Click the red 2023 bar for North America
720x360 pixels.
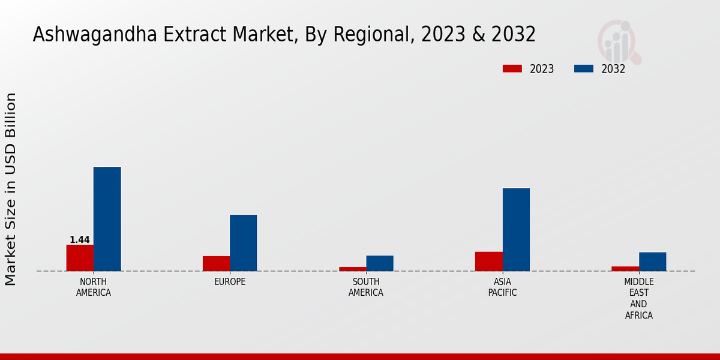(80, 258)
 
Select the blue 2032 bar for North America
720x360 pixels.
(107, 219)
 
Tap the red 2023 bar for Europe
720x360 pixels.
(216, 263)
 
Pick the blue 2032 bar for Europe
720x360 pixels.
(243, 243)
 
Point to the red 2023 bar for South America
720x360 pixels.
(352, 269)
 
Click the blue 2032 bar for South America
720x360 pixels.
(380, 263)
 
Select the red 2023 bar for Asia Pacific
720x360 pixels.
(488, 261)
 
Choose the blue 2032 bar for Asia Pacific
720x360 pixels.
(516, 230)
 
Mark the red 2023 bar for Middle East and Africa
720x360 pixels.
(625, 269)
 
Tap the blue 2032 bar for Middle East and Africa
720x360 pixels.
(652, 262)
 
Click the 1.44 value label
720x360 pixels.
(80, 240)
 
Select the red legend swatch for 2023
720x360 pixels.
(512, 68)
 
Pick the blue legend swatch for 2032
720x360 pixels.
(583, 68)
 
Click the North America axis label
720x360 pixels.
(94, 287)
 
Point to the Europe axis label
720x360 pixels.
(230, 282)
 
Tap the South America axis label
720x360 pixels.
(366, 287)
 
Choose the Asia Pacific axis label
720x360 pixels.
(502, 287)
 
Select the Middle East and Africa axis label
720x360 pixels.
(639, 299)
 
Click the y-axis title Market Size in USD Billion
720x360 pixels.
(11, 189)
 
